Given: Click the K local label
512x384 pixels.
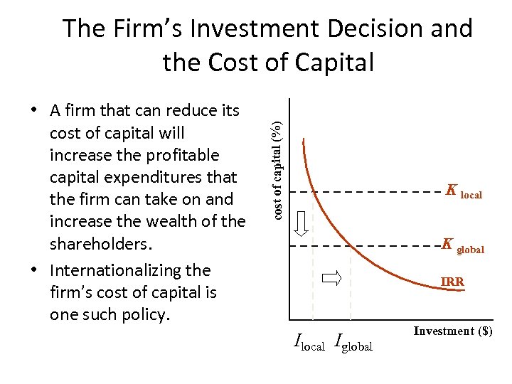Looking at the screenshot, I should [x=464, y=191].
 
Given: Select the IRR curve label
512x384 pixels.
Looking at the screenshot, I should [x=452, y=282].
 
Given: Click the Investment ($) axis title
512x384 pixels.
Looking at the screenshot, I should [x=453, y=331].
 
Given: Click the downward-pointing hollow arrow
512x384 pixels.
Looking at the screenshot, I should [x=302, y=223].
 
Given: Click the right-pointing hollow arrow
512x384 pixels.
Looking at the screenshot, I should [x=332, y=278].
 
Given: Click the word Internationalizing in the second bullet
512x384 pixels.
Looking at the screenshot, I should [x=117, y=270].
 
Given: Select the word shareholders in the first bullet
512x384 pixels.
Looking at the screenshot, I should [x=100, y=244].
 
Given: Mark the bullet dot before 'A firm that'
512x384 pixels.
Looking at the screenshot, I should [x=33, y=112].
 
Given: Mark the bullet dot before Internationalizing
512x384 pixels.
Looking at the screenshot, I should [x=33, y=271].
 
